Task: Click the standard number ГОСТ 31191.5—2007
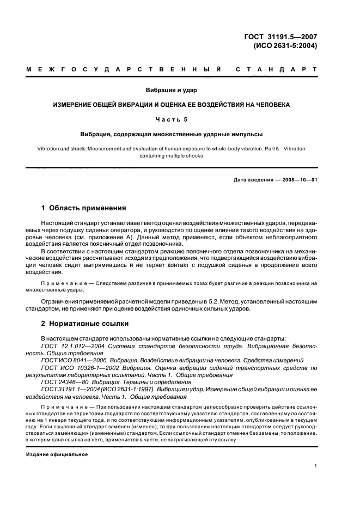tap(286, 37)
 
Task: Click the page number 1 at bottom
tap(316, 465)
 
